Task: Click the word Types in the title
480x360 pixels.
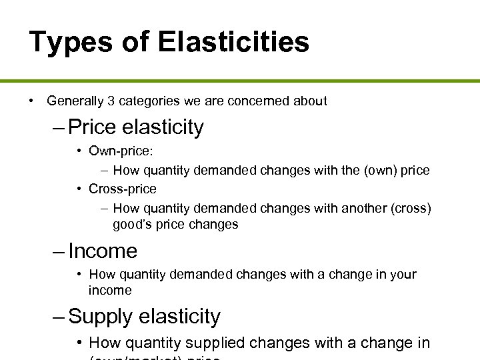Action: [71, 43]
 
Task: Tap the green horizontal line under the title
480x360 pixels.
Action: [240, 81]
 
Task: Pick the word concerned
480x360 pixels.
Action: [263, 101]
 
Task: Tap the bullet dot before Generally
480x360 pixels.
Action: [31, 101]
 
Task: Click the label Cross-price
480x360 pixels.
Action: [123, 189]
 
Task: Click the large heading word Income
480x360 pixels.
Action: [103, 251]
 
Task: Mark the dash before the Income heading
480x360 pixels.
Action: [59, 251]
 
